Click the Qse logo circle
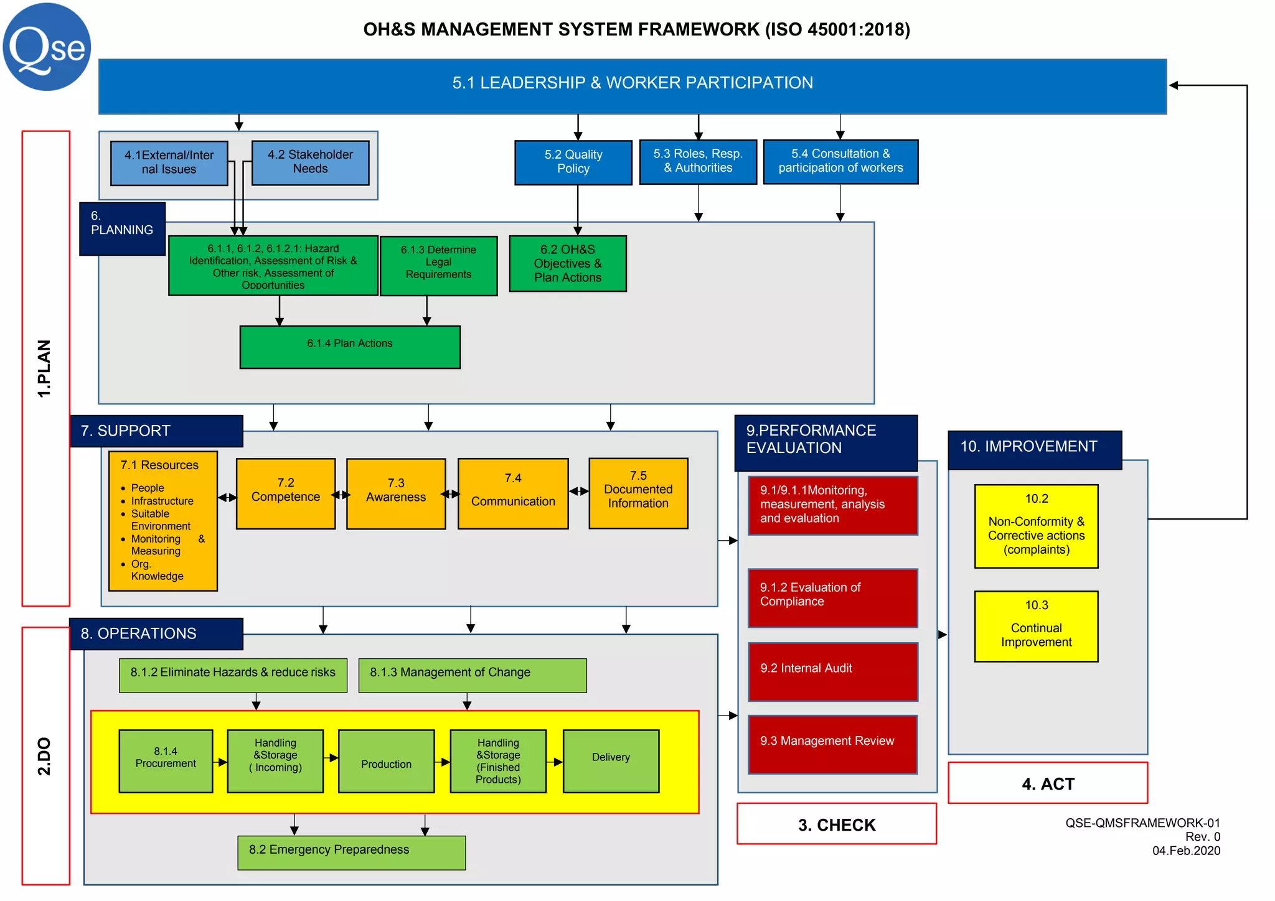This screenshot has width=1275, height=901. coord(47,47)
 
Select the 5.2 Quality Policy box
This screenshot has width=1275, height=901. coord(573,162)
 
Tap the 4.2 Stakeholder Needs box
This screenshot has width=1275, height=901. coord(310,162)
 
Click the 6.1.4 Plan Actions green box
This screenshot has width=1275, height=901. coord(350,347)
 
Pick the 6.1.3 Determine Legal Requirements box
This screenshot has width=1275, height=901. coord(438,265)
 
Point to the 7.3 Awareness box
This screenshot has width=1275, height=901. coord(396,493)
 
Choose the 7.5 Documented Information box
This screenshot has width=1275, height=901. coord(638,493)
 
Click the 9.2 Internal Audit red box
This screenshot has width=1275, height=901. coord(832,671)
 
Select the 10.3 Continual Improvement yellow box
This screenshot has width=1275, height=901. coord(1036,625)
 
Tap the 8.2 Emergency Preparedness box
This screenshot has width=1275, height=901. coord(351,852)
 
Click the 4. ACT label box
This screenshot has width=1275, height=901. coord(1047,783)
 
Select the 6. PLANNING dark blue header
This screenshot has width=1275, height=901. coord(122,228)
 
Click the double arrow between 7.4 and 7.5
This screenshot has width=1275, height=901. coord(578,492)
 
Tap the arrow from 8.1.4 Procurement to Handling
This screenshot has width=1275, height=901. coord(220,762)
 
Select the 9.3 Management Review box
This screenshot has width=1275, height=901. coord(832,744)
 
